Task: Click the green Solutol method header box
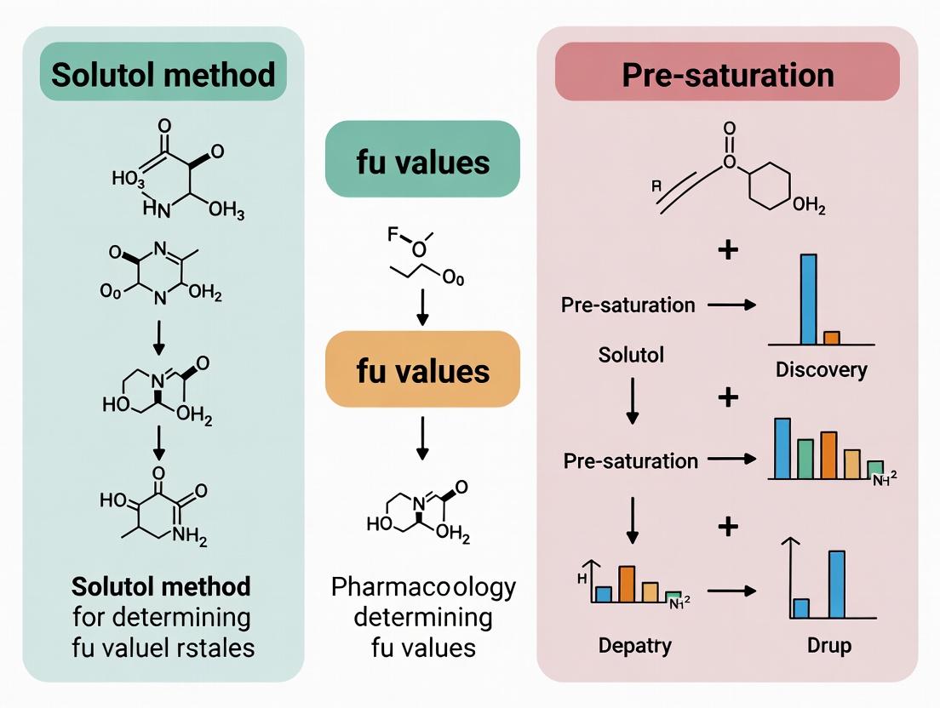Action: coord(163,75)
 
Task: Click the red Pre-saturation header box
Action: coord(727,75)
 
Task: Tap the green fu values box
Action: coord(422,161)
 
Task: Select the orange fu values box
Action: coord(422,371)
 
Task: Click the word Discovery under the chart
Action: coord(821,369)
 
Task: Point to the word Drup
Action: coord(828,645)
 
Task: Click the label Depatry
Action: coord(634,645)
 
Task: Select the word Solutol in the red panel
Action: coord(631,354)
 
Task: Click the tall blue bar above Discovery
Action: coord(808,298)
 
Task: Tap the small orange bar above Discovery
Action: coord(832,337)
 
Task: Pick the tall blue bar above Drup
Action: coord(836,584)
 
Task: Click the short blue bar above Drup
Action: coord(801,608)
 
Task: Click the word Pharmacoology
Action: coord(422,588)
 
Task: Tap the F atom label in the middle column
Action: coord(393,233)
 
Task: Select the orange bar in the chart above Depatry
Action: coord(627,584)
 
